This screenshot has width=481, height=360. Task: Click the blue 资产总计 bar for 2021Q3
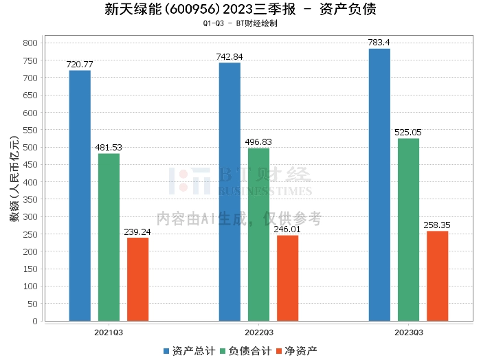[80, 196]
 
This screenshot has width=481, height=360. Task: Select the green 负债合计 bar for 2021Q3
[109, 237]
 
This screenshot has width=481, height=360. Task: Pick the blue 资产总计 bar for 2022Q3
[230, 192]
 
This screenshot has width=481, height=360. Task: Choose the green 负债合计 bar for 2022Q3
[258, 234]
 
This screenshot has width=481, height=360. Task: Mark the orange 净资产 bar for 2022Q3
[287, 278]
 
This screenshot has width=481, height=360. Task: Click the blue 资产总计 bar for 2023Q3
[379, 185]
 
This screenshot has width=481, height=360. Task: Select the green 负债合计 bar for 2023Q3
[408, 229]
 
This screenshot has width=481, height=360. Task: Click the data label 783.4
[379, 43]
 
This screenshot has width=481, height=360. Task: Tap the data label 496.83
[258, 142]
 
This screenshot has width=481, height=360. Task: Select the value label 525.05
[408, 132]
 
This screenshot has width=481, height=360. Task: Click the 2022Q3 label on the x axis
[259, 332]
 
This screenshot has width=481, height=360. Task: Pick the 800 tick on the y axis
[30, 43]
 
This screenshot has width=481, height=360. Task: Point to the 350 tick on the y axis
[30, 199]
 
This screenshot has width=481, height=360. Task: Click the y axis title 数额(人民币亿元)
[13, 182]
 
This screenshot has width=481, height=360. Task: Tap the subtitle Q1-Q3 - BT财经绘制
[240, 23]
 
